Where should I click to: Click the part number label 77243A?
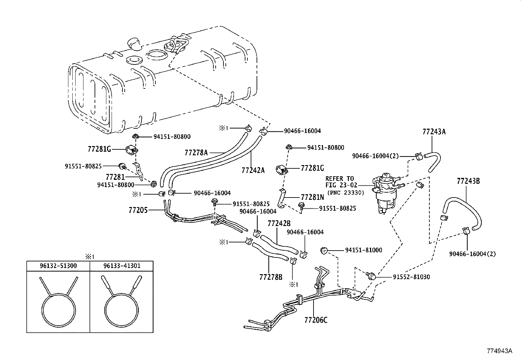point(434,132)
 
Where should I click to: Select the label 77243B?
point(468,181)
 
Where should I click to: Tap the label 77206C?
point(316,320)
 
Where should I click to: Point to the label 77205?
point(138,210)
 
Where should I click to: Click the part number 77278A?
point(196,153)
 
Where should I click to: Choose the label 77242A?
point(253,170)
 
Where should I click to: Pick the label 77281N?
point(312,198)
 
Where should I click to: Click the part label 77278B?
point(271,277)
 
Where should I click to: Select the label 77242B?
point(279,223)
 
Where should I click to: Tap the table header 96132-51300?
point(58,266)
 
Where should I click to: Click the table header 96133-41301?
point(121,266)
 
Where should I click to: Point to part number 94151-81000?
point(363,250)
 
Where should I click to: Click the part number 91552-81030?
point(411,277)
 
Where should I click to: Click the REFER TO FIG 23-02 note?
point(339,182)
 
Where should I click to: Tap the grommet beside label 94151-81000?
point(324,251)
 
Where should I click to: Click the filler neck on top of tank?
point(134,44)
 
